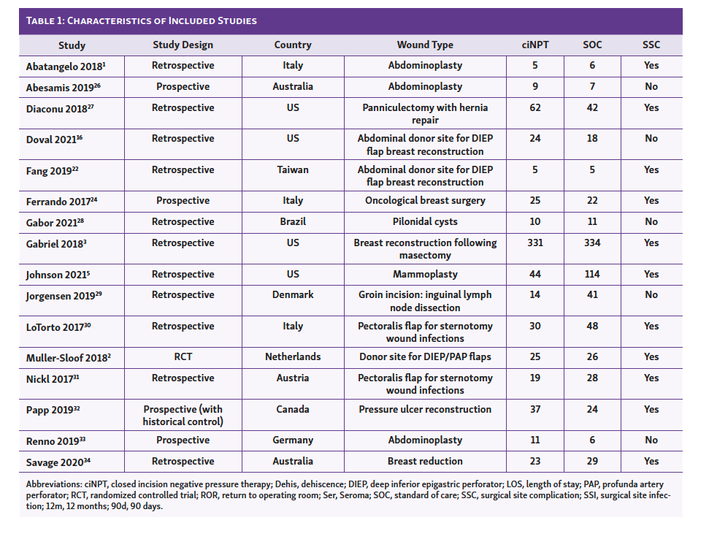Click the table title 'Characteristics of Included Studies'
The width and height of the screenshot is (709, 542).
[x=141, y=20]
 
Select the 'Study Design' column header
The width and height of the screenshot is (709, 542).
[x=183, y=45]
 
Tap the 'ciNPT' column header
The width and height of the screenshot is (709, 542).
[x=534, y=45]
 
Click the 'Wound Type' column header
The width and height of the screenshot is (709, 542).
[x=425, y=45]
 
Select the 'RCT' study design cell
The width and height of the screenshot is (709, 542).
[x=183, y=357]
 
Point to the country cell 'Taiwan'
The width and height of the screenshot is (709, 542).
[x=293, y=169]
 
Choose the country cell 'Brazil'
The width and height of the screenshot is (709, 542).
[x=293, y=221]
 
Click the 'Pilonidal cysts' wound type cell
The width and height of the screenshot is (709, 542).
[x=425, y=221]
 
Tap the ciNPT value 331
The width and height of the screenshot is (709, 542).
[x=534, y=243]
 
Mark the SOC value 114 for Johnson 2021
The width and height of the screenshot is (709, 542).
[x=592, y=274]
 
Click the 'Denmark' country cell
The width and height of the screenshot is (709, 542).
[x=293, y=294]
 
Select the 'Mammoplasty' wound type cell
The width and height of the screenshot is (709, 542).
[x=425, y=274]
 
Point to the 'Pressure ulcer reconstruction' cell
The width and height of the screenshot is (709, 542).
[x=425, y=409]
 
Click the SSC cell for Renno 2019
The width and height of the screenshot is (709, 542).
[x=651, y=440]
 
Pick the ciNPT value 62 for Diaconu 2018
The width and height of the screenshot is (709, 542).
[x=534, y=107]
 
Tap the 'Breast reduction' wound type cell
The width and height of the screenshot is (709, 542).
[x=425, y=461]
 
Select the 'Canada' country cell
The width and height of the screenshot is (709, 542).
[x=293, y=409]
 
